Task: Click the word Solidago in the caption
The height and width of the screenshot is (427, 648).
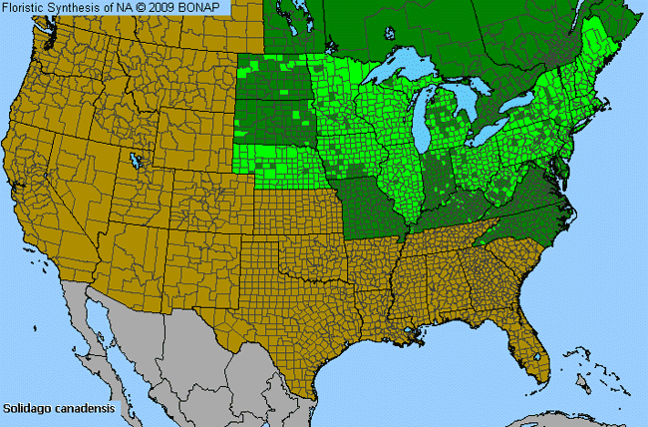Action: [x=24, y=408]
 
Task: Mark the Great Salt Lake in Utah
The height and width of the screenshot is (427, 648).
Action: [x=135, y=160]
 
